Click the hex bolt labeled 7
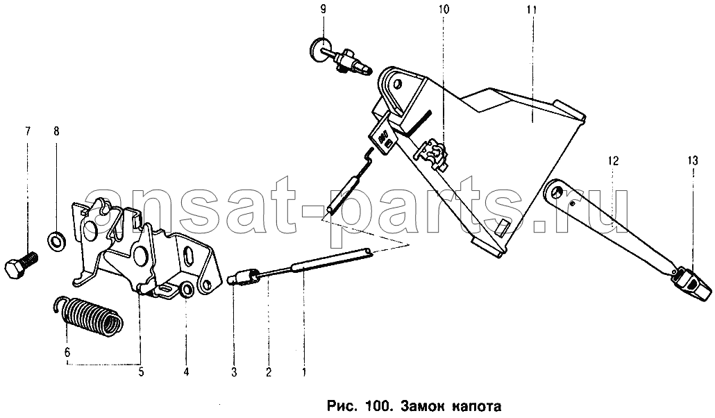tap(21, 265)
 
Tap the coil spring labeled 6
tap(90, 317)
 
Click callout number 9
tap(323, 8)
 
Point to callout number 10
tap(444, 8)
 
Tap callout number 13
tap(693, 160)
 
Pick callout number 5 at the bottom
tap(141, 372)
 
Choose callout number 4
tap(186, 372)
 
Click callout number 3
tap(234, 372)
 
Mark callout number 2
tap(269, 372)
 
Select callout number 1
tap(303, 372)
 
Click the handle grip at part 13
tap(691, 282)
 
